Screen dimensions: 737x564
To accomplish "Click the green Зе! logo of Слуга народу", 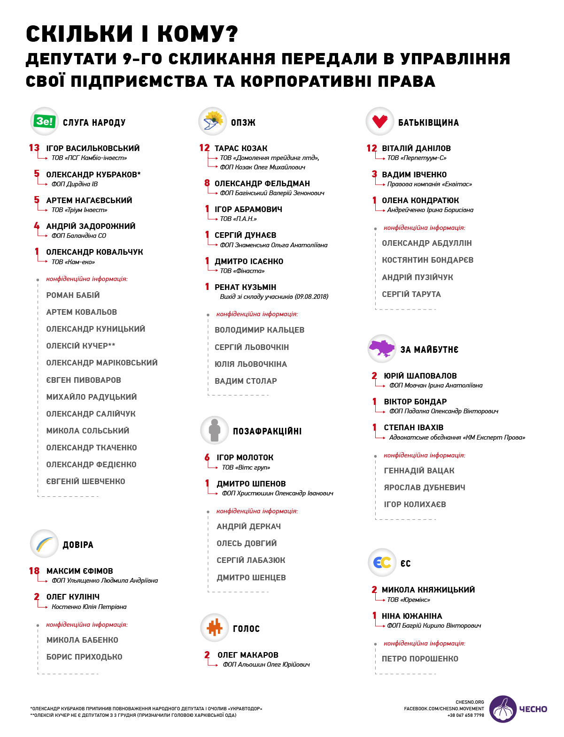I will click(x=45, y=122).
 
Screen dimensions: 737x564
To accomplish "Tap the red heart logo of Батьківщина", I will click(x=379, y=121).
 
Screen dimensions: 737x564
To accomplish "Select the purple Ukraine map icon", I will click(x=382, y=349).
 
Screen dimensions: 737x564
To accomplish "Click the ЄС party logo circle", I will click(x=382, y=562).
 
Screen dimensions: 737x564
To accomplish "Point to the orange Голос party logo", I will click(x=215, y=628).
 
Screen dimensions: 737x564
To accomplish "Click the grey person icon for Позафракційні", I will click(x=215, y=430).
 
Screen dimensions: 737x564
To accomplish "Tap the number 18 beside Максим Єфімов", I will click(x=34, y=571).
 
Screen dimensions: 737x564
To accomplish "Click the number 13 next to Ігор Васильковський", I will click(x=34, y=148).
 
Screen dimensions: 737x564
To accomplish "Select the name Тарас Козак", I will click(x=241, y=148).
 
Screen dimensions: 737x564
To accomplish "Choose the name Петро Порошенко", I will click(x=420, y=659).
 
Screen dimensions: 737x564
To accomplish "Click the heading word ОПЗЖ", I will click(x=243, y=122).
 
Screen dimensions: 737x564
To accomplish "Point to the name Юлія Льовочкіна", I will click(x=251, y=364).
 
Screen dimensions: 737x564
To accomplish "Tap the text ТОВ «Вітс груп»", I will click(x=246, y=467).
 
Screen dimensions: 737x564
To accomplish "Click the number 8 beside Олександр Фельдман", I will click(x=207, y=183).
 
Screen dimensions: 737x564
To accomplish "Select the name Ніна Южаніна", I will click(x=412, y=616).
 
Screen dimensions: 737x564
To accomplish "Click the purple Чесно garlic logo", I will click(x=503, y=709).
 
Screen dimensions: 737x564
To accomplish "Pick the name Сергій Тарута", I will click(x=411, y=294).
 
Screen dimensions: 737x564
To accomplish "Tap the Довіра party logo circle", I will click(x=44, y=544).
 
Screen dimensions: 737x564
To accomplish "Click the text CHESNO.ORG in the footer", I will click(x=470, y=702).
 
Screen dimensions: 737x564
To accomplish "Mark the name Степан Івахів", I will click(x=414, y=427).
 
